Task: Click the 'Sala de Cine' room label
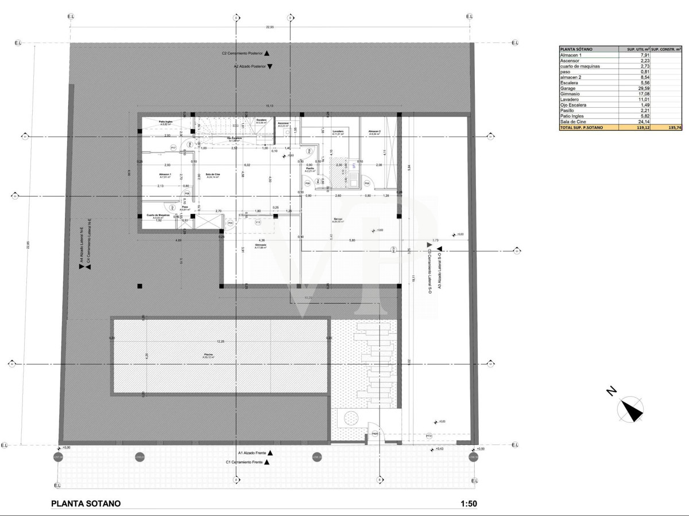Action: click(213, 175)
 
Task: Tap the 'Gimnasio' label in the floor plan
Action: click(261, 246)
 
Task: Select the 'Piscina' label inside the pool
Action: click(208, 355)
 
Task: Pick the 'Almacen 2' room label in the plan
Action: click(375, 132)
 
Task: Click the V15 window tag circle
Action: click(258, 222)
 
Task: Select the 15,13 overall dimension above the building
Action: click(269, 106)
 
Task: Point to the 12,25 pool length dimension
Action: click(220, 341)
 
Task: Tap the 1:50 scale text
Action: click(469, 504)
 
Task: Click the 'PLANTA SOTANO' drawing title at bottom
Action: click(86, 504)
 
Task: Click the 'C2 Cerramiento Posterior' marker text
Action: click(242, 53)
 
